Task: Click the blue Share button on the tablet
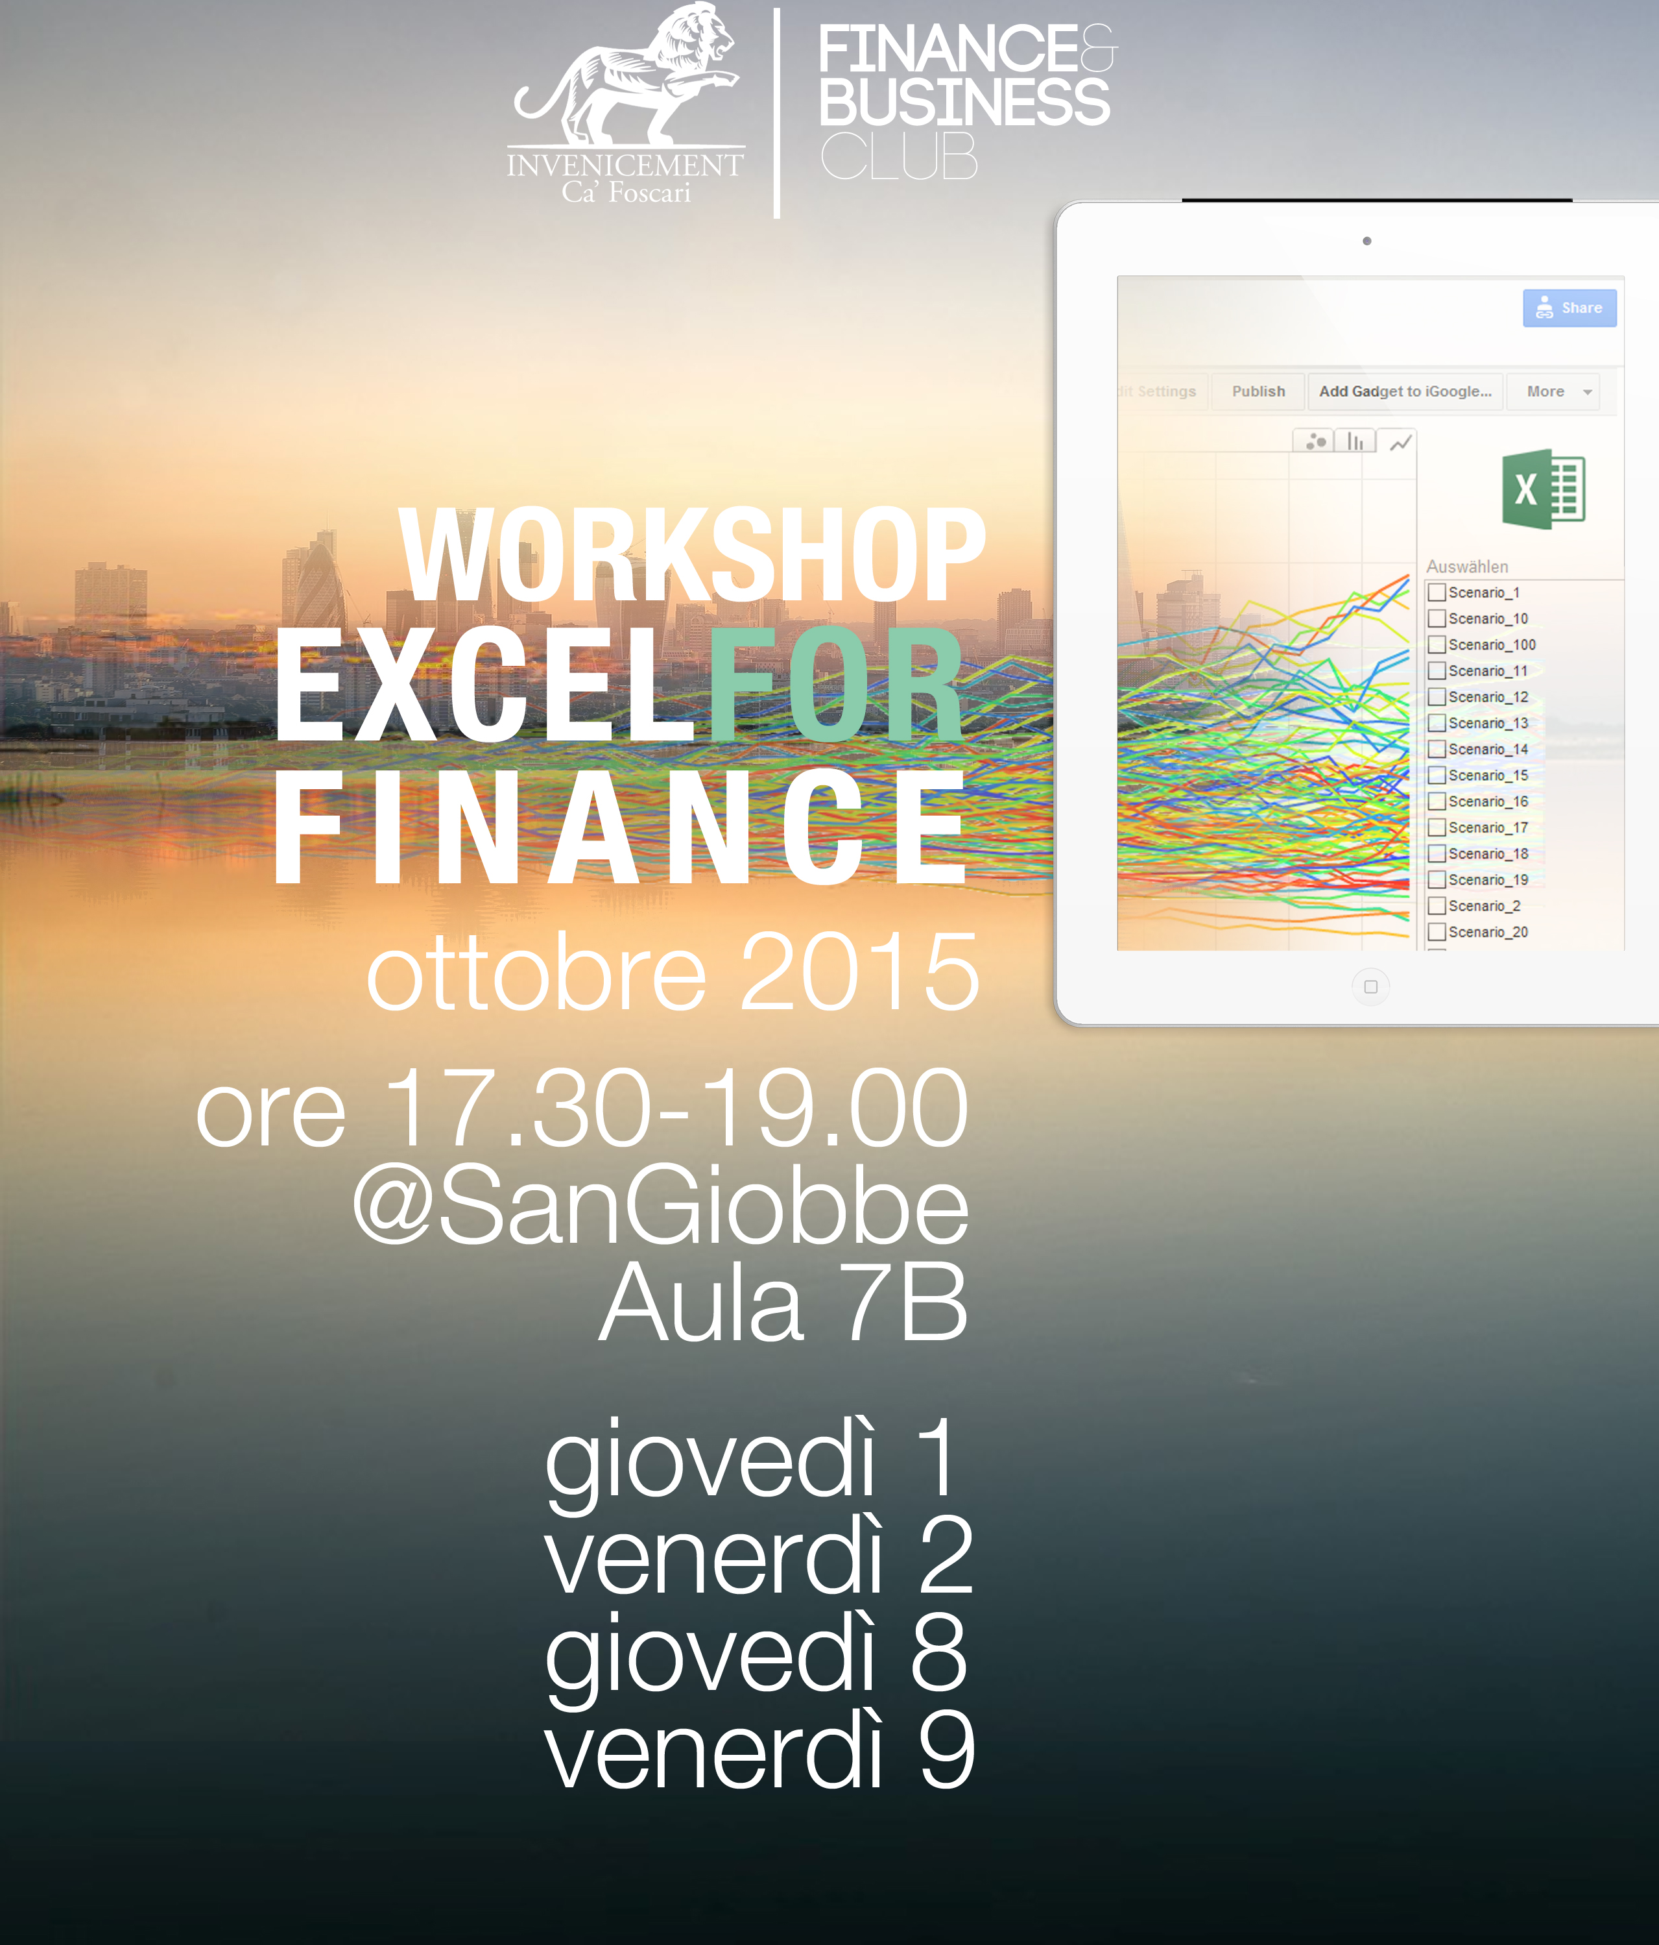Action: tap(1569, 308)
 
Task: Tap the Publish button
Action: tap(1258, 391)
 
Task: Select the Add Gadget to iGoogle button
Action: tap(1405, 391)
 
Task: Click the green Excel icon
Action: tap(1544, 489)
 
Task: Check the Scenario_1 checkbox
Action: tap(1437, 593)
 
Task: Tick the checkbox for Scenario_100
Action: tap(1437, 645)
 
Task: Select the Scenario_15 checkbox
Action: tap(1437, 776)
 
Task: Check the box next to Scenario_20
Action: tap(1437, 932)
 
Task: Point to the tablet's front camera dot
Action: tap(1367, 241)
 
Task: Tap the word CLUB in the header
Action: tap(899, 156)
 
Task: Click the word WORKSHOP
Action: tap(693, 555)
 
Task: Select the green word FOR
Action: tap(835, 685)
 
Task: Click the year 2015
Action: tap(859, 973)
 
